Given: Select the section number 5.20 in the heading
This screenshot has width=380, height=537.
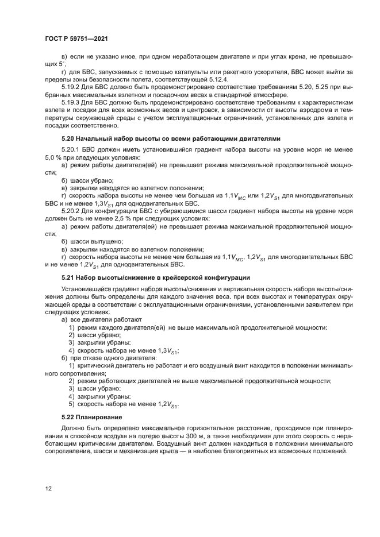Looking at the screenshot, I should (68, 139).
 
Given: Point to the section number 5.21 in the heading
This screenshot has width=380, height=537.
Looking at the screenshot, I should (68, 278).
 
